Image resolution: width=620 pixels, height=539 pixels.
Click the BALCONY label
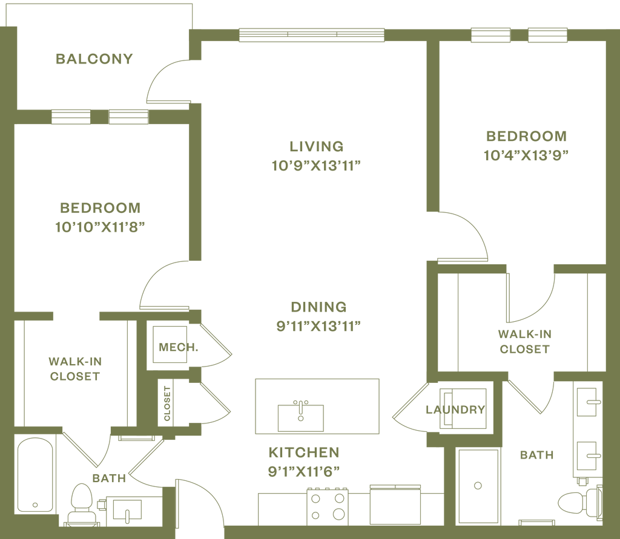click(94, 59)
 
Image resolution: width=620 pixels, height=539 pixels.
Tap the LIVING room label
click(317, 146)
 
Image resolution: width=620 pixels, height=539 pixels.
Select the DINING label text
click(318, 306)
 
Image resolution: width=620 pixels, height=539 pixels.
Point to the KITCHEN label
click(304, 452)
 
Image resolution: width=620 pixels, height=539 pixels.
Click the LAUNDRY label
click(455, 409)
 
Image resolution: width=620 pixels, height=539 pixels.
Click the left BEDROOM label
click(101, 207)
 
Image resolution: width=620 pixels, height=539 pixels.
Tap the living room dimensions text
click(317, 165)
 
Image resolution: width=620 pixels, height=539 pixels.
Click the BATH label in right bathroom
click(537, 454)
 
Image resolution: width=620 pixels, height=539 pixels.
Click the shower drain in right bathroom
click(478, 485)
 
